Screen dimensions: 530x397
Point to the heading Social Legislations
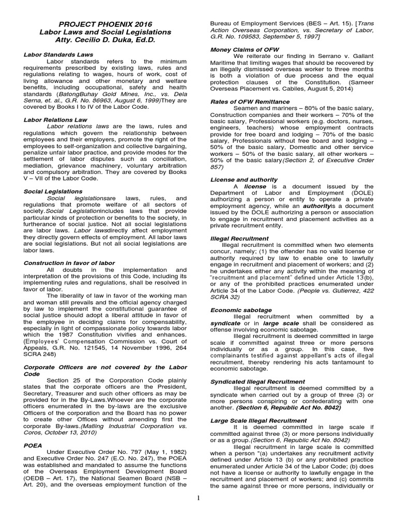coord(49,191)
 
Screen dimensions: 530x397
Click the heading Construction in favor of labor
coord(69,263)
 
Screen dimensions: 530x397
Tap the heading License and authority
coord(237,180)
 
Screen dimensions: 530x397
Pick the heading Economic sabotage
coord(235,310)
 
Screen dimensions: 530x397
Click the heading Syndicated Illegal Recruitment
coord(257,381)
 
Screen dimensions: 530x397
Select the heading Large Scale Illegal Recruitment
coord(258,421)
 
